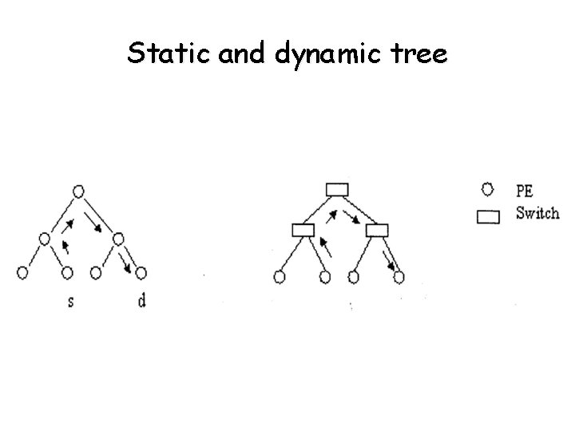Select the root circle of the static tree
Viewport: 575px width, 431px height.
tap(77, 192)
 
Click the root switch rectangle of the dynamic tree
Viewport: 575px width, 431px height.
tap(338, 189)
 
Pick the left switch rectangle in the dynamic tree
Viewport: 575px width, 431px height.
tap(303, 231)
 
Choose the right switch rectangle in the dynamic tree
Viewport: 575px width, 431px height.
tap(376, 231)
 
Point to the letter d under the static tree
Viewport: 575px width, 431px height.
tap(141, 302)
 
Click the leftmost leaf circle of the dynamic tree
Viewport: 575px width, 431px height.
tap(280, 277)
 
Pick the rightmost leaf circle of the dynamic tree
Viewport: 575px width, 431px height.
tap(399, 277)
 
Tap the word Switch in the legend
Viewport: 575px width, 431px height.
tap(537, 214)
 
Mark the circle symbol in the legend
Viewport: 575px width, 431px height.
tap(488, 190)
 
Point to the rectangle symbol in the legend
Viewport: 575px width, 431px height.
tap(488, 215)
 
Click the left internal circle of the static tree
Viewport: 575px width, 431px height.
tap(45, 238)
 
